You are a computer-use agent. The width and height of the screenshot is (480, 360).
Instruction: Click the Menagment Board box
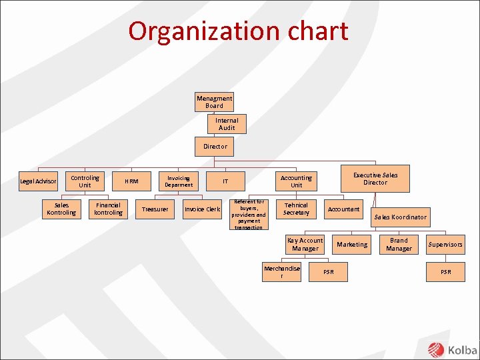coord(214,102)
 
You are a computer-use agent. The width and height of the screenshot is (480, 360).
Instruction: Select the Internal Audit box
coord(227,124)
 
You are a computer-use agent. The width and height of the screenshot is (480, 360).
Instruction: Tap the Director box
coord(215,147)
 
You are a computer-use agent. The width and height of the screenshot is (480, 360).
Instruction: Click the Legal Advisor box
coord(38,181)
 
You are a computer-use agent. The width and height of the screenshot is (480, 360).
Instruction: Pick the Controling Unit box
coord(85,181)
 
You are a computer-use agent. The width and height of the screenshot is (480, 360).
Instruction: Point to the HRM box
coord(131,181)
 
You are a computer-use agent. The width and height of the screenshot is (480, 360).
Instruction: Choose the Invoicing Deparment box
coord(178,181)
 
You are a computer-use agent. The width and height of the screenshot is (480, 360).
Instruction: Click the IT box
coord(225,181)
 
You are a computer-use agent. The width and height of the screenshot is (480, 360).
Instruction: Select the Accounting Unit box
coord(296,181)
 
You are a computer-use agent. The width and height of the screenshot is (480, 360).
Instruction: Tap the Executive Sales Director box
coord(375,179)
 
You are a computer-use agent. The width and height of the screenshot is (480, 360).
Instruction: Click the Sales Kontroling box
coord(61,209)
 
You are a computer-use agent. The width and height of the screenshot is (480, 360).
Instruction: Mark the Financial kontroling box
coord(108,209)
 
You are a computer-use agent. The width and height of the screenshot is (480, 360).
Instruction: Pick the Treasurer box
coord(155,209)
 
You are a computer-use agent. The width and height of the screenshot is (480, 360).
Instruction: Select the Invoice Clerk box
coord(202,209)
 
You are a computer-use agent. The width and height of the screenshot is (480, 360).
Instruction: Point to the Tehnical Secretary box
coord(296,209)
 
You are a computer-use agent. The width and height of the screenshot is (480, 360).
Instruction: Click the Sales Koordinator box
coord(400,217)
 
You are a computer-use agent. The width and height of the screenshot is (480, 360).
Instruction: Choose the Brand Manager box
coord(399,245)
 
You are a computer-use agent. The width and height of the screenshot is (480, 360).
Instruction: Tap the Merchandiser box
coord(282,272)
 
